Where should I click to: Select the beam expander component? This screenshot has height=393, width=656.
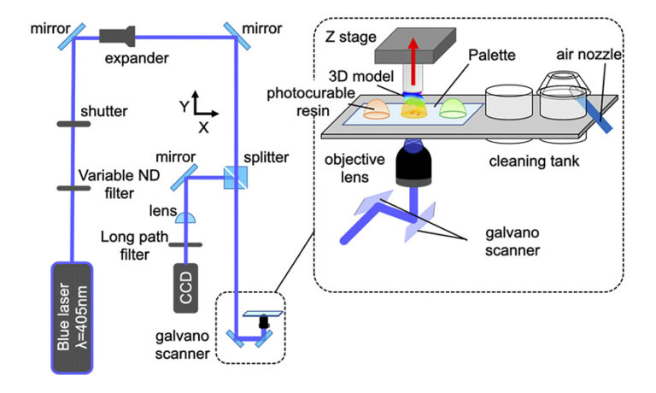pos(117,36)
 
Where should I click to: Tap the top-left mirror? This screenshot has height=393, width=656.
pos(73,32)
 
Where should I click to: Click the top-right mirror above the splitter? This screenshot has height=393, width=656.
pos(242,32)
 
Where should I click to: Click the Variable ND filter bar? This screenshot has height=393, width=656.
pos(74,188)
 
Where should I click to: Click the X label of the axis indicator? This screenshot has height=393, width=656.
pos(203,127)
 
